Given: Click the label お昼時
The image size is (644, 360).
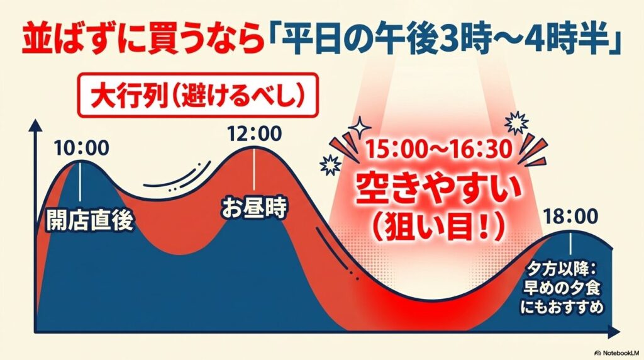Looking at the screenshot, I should click(253, 208).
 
